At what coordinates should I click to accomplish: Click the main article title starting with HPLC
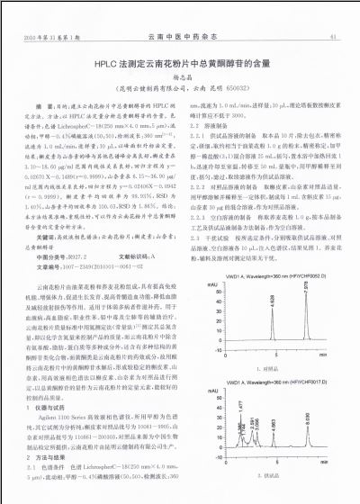180,65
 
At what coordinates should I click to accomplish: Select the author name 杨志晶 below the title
179,80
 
